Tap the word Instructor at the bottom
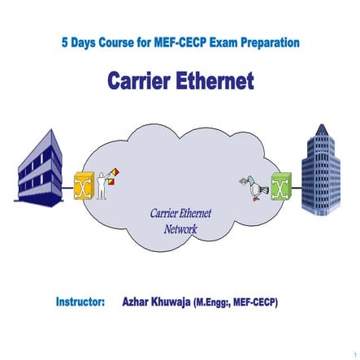[80, 302]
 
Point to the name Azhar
[137, 302]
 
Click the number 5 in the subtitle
[64, 42]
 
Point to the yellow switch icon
[80, 186]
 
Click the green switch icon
[281, 186]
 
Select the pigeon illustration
[255, 189]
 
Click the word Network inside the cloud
[180, 230]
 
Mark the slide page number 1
[355, 355]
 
